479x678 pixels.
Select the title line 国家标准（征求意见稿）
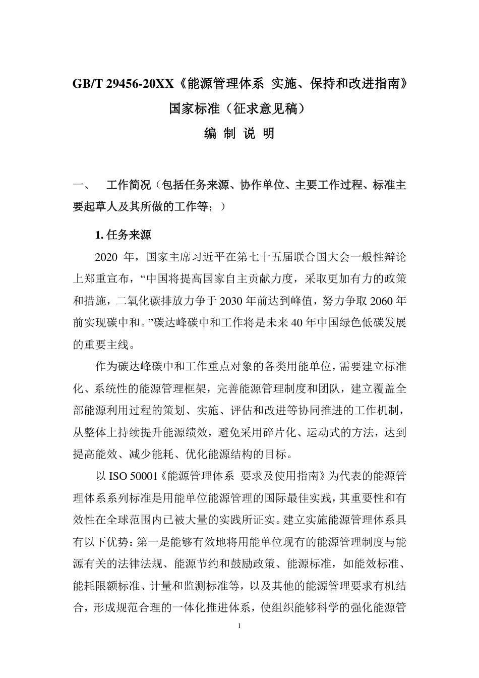239,108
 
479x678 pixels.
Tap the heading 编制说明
239,133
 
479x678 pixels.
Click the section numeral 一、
81,186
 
